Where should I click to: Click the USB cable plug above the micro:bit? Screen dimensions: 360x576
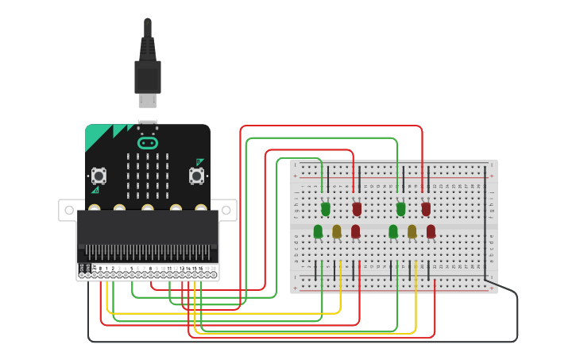pyautogui.click(x=148, y=79)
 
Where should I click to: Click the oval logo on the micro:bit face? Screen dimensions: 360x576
pyautogui.click(x=148, y=143)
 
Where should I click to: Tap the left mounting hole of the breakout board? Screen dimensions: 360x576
pyautogui.click(x=68, y=210)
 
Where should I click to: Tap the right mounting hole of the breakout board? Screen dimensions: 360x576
pyautogui.click(x=227, y=210)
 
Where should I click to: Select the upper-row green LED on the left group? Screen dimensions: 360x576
pyautogui.click(x=326, y=208)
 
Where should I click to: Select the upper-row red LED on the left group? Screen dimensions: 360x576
pyautogui.click(x=357, y=208)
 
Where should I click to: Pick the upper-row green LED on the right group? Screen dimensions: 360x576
pyautogui.click(x=400, y=208)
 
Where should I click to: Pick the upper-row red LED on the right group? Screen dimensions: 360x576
pyautogui.click(x=426, y=208)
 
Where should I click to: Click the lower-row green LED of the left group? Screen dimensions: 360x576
pyautogui.click(x=318, y=231)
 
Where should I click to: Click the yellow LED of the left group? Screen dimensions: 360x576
pyautogui.click(x=337, y=231)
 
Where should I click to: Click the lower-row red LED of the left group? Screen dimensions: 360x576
pyautogui.click(x=355, y=231)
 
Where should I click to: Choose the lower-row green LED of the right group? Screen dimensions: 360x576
pyautogui.click(x=393, y=231)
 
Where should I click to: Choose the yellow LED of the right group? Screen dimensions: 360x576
pyautogui.click(x=412, y=231)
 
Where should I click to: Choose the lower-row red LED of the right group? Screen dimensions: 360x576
pyautogui.click(x=431, y=231)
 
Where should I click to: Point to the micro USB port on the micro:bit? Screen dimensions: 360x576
pyautogui.click(x=148, y=125)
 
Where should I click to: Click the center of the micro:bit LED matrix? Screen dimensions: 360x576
pyautogui.click(x=148, y=176)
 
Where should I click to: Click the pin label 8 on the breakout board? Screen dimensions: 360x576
pyautogui.click(x=149, y=269)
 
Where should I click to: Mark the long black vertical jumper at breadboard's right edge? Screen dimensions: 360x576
pyautogui.click(x=485, y=223)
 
